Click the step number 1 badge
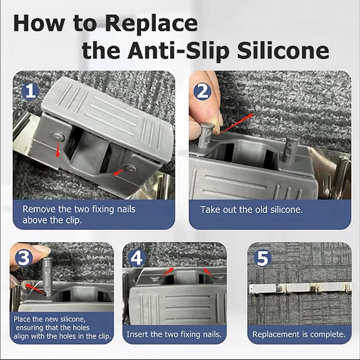(x=30, y=92)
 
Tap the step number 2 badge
(x=202, y=92)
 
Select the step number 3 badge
(x=24, y=258)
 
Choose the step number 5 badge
(x=262, y=258)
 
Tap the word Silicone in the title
(x=283, y=50)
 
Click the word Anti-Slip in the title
(x=178, y=51)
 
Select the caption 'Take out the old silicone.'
(x=252, y=210)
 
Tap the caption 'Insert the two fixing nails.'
(x=174, y=334)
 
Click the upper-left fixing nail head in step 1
(x=59, y=137)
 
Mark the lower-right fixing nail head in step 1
(x=131, y=169)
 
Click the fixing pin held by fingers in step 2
(x=207, y=135)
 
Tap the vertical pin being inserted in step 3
(x=47, y=277)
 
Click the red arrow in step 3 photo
(x=35, y=289)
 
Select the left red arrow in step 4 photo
(x=168, y=272)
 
